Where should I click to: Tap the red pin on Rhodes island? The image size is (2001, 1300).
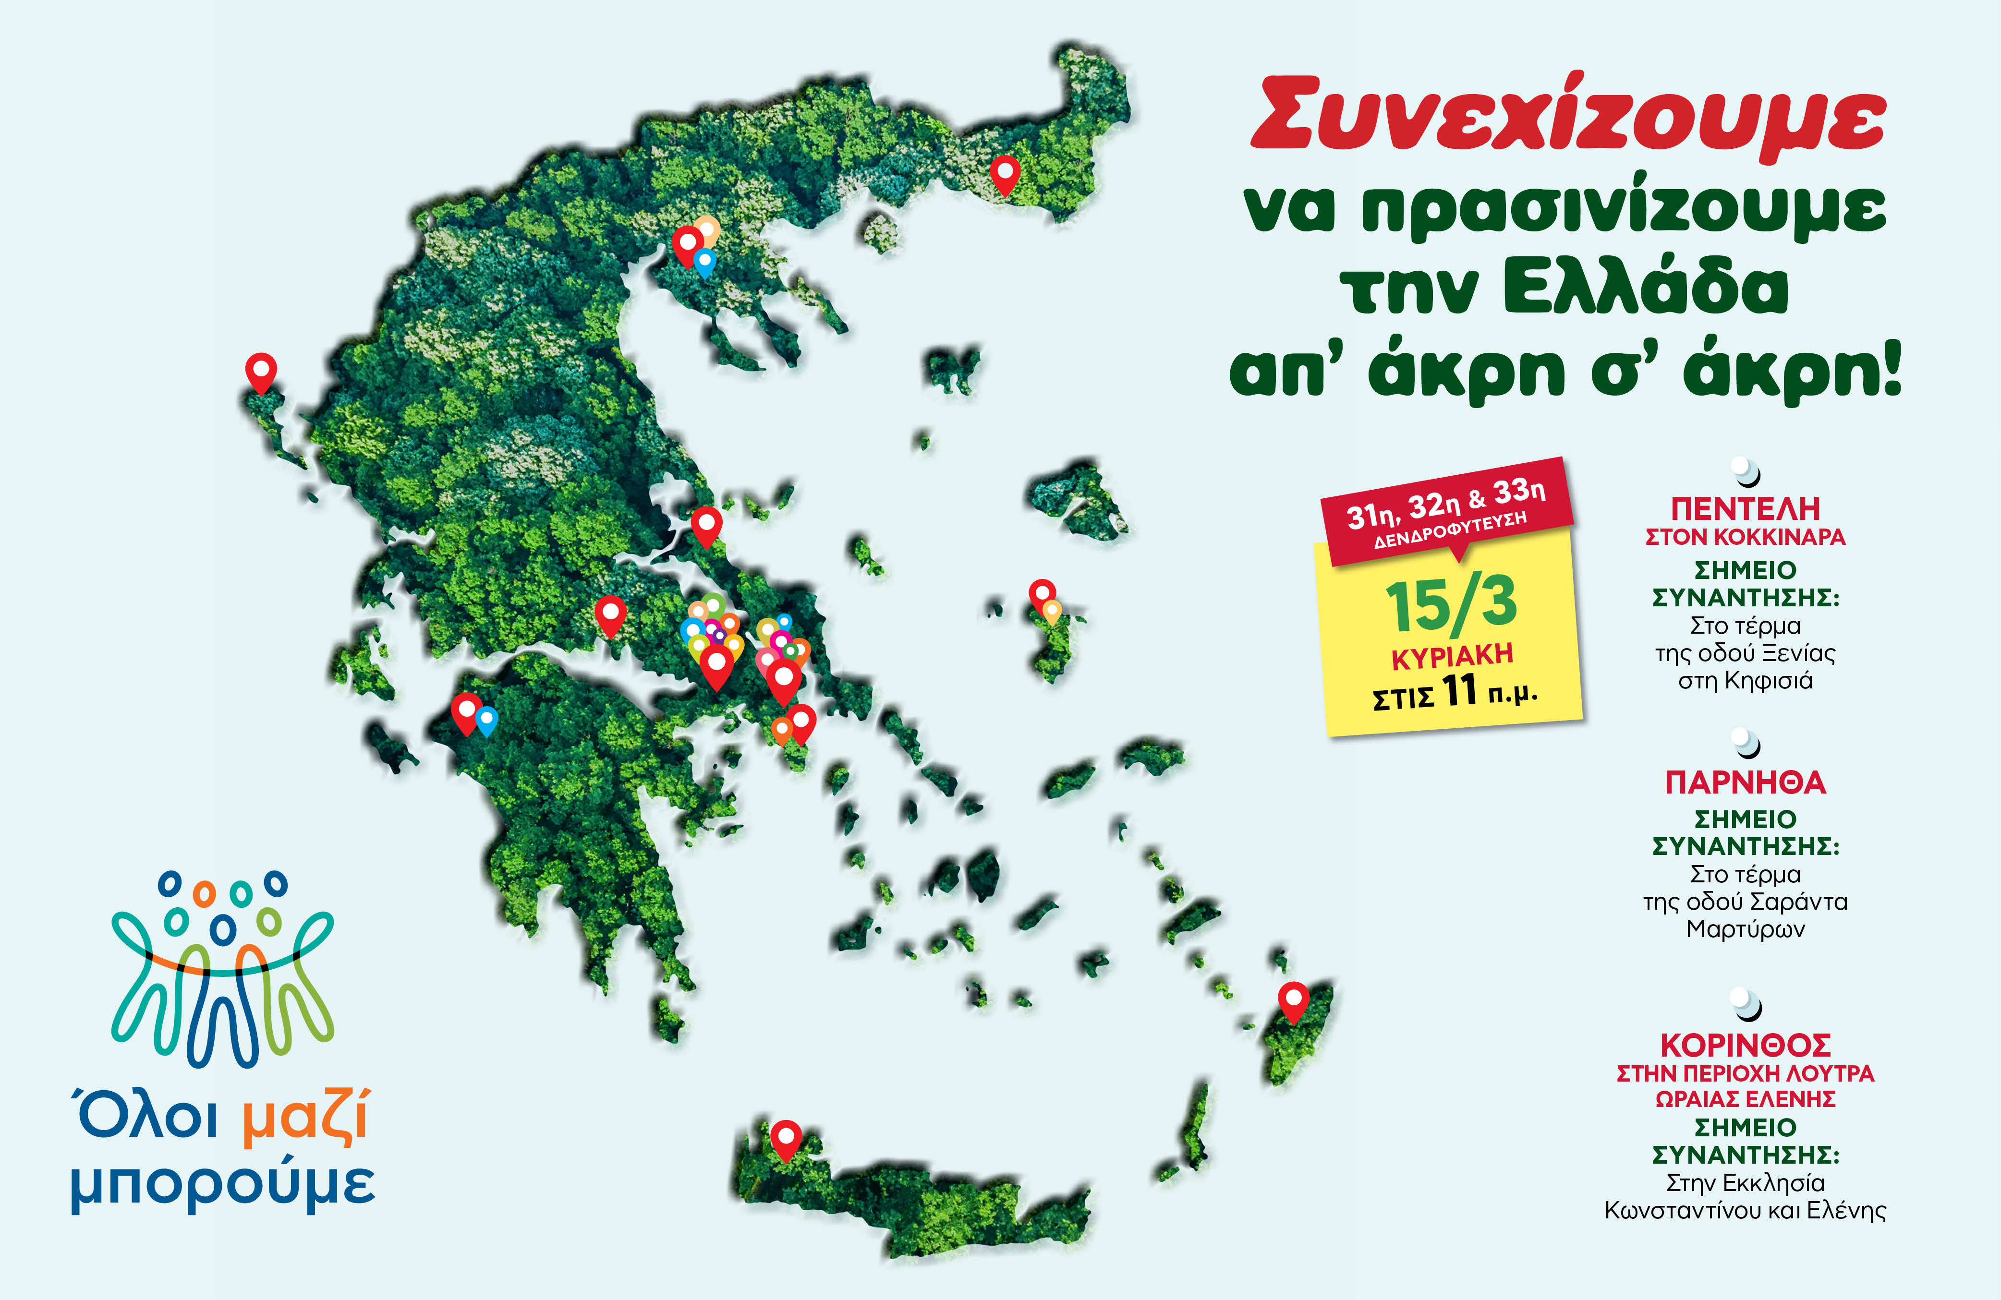1293,1000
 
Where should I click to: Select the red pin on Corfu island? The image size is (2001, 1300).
261,371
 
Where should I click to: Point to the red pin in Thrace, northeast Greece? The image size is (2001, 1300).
1005,174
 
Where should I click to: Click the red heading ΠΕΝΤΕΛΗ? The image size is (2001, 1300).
1746,508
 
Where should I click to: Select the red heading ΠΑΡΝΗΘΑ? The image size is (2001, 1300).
1746,782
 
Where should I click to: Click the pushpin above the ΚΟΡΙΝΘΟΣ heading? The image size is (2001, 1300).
1746,1002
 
